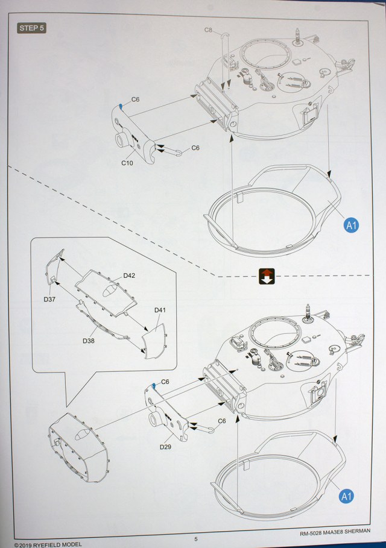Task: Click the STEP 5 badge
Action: (32, 28)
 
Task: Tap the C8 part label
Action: (209, 30)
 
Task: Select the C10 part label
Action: (127, 163)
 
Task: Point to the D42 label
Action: (129, 276)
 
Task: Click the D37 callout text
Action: (49, 299)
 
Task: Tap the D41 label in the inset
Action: (160, 310)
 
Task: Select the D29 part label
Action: (166, 447)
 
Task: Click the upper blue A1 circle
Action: (352, 225)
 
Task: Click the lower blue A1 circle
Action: (346, 496)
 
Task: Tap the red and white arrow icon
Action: (267, 276)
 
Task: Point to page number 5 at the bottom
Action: (196, 539)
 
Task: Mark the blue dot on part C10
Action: (121, 106)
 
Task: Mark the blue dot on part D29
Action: (154, 385)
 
